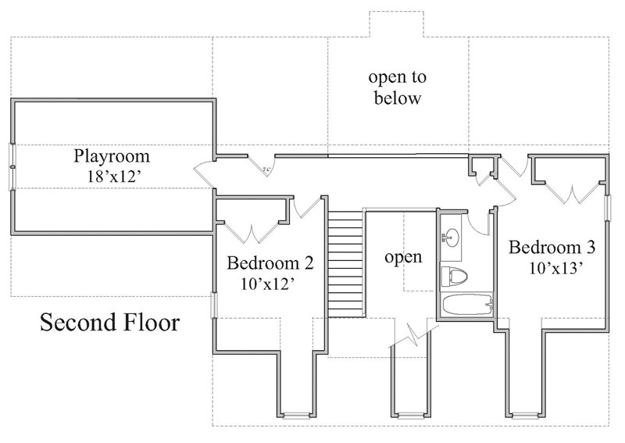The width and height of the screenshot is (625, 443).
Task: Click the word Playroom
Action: [111, 155]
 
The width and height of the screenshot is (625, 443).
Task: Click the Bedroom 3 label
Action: [552, 248]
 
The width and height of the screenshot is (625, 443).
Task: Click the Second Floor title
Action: [109, 322]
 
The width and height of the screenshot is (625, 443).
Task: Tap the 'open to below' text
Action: [396, 88]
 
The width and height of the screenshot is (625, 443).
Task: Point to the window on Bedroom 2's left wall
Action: [213, 305]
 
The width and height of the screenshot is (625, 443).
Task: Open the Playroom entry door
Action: [205, 171]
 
